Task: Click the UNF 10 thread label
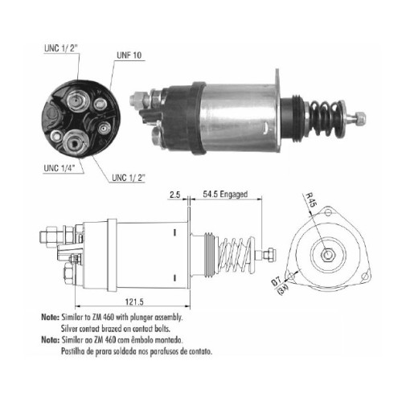pyautogui.click(x=129, y=55)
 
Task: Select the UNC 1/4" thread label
pyautogui.click(x=59, y=168)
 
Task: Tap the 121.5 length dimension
pyautogui.click(x=134, y=301)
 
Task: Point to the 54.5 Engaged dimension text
pyautogui.click(x=225, y=194)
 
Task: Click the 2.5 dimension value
pyautogui.click(x=174, y=195)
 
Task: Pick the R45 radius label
pyautogui.click(x=311, y=199)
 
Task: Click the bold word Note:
pyautogui.click(x=50, y=317)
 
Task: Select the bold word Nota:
pyautogui.click(x=50, y=340)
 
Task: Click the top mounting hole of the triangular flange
pyautogui.click(x=328, y=212)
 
